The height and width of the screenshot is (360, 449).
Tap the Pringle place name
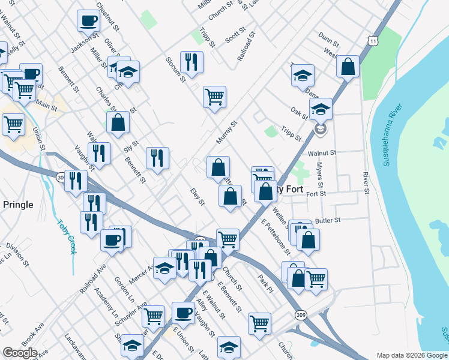18,205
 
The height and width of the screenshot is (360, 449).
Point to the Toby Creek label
67,236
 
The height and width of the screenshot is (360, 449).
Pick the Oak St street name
298,112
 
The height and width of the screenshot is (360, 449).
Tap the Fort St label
316,194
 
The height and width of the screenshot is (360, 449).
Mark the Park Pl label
265,283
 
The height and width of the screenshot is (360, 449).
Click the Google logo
20,353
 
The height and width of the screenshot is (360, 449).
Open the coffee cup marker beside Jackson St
88,20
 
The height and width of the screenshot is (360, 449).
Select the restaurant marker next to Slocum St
191,62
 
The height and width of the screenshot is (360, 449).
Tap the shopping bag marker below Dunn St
348,67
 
